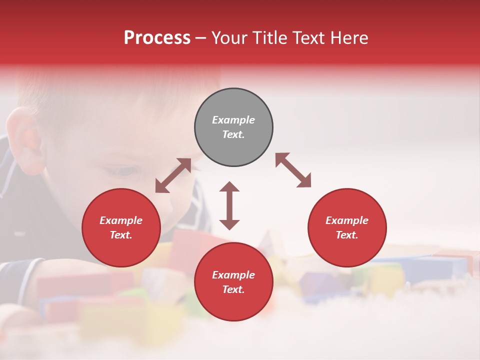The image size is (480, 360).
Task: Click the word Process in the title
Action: (157, 38)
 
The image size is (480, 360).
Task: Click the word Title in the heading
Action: (268, 38)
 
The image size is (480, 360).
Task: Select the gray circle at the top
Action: (233, 127)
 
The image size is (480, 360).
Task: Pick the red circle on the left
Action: (121, 227)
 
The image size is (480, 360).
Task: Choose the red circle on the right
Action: (347, 227)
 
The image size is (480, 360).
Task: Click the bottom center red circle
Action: (233, 281)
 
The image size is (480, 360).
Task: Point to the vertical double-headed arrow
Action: (229, 205)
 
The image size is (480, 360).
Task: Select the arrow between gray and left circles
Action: (173, 175)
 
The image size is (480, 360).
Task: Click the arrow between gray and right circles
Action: (293, 170)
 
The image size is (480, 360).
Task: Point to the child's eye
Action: (125, 171)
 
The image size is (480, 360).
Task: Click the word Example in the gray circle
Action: (233, 120)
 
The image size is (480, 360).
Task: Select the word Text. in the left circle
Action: (121, 235)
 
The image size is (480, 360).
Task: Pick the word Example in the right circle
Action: (347, 220)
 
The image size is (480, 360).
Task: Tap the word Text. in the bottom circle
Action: (233, 289)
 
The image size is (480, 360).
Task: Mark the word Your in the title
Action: (230, 38)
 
